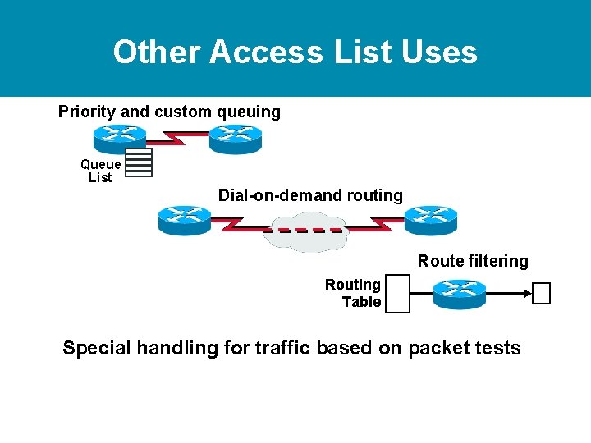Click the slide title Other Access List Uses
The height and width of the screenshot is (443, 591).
click(295, 52)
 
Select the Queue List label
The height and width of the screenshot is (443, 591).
click(100, 171)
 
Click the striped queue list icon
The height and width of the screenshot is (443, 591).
click(139, 162)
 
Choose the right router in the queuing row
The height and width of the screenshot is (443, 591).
click(235, 139)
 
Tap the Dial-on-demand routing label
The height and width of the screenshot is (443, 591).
click(310, 195)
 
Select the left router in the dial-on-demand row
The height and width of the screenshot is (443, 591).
click(184, 220)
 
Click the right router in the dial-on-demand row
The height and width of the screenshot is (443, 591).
click(430, 220)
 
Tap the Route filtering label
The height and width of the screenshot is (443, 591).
click(473, 261)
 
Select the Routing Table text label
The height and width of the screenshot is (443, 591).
click(354, 293)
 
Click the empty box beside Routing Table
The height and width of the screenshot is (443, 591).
click(397, 294)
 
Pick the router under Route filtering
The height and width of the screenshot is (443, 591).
click(459, 294)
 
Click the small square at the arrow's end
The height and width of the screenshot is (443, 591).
click(541, 293)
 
